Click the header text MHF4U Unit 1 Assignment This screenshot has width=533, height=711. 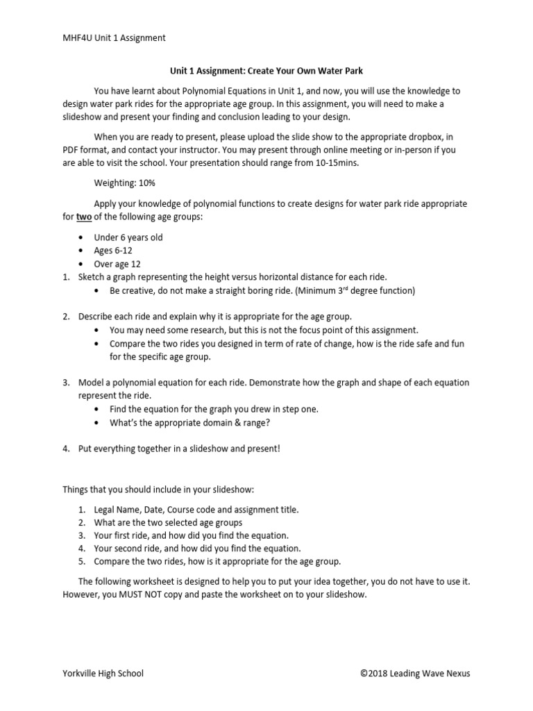(114, 37)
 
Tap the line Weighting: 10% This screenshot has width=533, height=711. (124, 183)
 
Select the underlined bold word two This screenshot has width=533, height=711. (83, 217)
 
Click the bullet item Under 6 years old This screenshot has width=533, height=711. (128, 237)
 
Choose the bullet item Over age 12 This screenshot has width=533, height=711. (117, 264)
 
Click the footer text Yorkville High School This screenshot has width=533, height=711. (103, 673)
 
